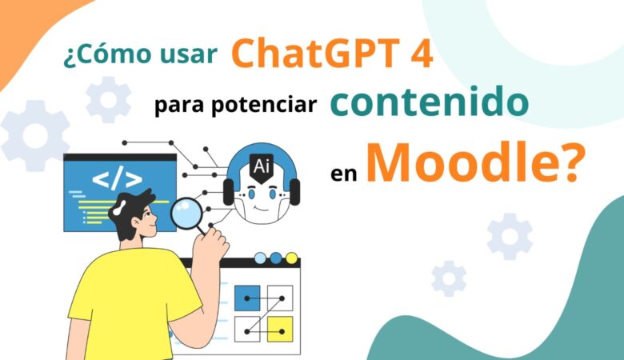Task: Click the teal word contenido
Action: click(x=428, y=104)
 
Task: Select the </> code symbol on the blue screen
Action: click(x=117, y=180)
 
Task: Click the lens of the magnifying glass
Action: click(x=188, y=213)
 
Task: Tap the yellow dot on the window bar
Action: click(x=291, y=258)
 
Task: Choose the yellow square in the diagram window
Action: click(x=279, y=327)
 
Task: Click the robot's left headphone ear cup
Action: click(x=229, y=191)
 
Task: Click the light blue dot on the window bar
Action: click(x=260, y=258)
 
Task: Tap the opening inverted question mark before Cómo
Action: click(x=67, y=58)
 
